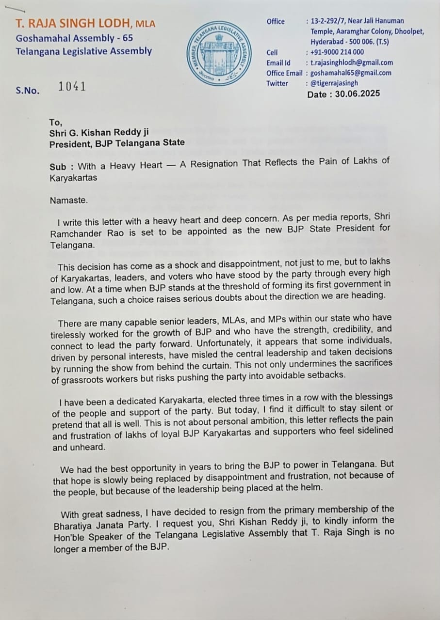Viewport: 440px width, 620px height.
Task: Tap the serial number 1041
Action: coord(72,87)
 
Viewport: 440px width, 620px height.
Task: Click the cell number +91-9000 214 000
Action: coord(337,52)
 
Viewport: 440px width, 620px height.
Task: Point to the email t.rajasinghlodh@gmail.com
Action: coord(352,62)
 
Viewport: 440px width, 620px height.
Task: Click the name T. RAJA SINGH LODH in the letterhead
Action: coord(75,23)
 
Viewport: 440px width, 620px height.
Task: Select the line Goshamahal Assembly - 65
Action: coord(74,37)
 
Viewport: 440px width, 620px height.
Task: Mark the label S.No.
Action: coord(27,90)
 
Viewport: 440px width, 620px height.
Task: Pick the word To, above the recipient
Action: coord(55,122)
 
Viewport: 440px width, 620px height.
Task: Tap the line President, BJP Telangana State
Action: coord(117,142)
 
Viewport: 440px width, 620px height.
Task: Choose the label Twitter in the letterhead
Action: coord(277,83)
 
